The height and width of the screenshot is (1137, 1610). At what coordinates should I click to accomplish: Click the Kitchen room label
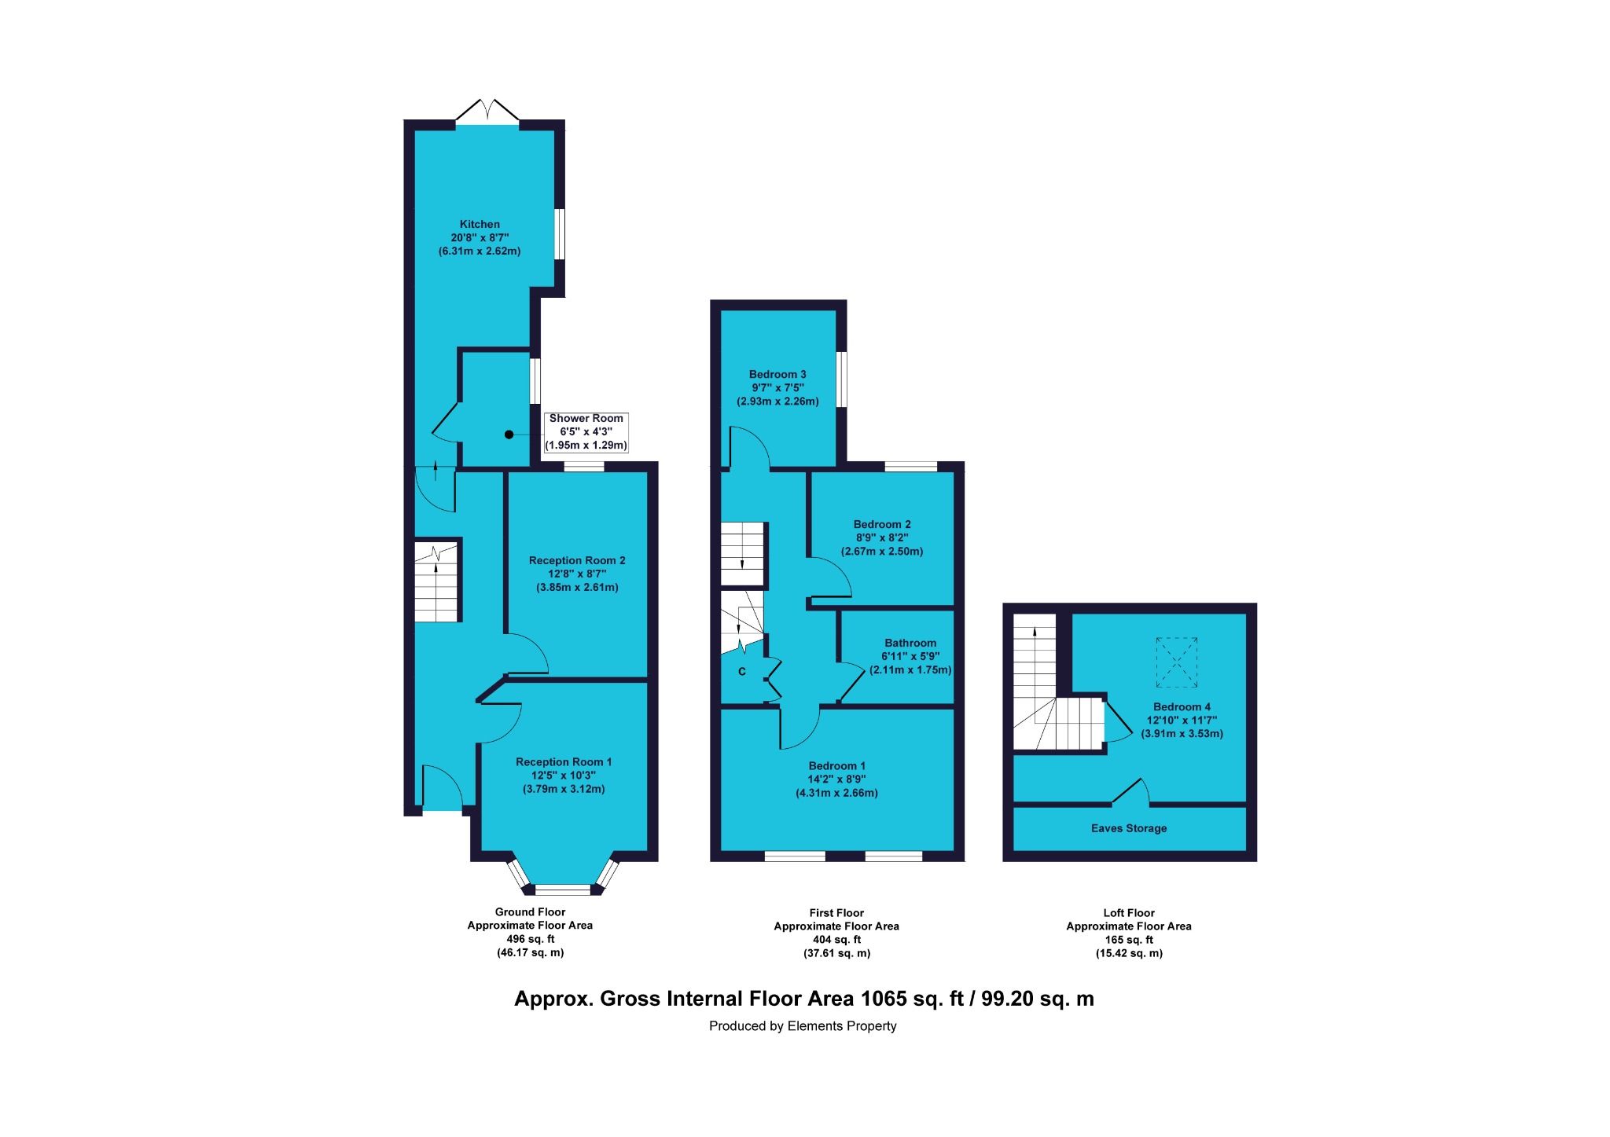[x=480, y=225]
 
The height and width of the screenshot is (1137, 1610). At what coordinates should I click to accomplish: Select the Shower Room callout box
[x=586, y=432]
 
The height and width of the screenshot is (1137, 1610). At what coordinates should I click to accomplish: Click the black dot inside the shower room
[x=509, y=435]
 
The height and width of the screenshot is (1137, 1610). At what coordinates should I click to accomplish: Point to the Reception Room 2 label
[x=577, y=561]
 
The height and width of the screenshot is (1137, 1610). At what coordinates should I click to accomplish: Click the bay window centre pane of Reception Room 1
[x=563, y=889]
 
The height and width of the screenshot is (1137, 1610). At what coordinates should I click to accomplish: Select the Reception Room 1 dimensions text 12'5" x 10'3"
[x=563, y=776]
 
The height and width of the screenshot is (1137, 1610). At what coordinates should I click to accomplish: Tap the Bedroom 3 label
[x=777, y=375]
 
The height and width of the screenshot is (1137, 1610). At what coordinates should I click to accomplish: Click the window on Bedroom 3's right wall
[x=841, y=379]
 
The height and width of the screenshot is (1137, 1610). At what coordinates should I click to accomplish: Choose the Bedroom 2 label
[x=882, y=525]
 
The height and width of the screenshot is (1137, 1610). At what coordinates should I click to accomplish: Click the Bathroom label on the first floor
[x=910, y=643]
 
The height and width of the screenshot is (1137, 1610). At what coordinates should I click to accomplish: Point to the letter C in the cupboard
[x=741, y=673]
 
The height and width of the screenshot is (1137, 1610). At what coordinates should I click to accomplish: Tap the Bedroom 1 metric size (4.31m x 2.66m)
[x=836, y=793]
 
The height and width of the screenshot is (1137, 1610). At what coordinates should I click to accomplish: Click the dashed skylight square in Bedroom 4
[x=1177, y=662]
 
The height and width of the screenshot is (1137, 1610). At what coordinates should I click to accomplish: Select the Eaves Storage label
[x=1128, y=828]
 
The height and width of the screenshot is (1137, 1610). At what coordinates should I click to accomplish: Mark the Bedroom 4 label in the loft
[x=1182, y=707]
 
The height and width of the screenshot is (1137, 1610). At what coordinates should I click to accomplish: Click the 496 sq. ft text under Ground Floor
[x=530, y=939]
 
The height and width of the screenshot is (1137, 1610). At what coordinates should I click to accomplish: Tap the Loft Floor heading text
[x=1128, y=913]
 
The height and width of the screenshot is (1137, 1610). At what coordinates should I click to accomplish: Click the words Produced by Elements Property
[x=803, y=1026]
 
